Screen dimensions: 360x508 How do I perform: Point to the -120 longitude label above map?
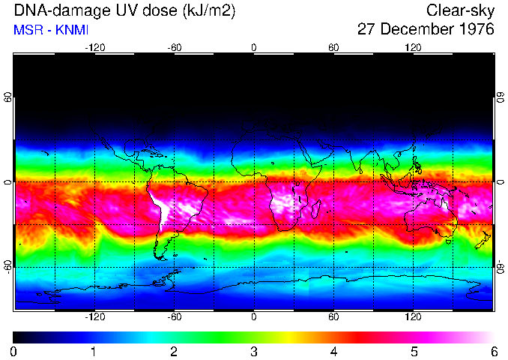coord(94,47)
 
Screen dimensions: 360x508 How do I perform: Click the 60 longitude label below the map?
coord(333,316)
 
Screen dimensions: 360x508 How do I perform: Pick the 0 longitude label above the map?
coord(254,47)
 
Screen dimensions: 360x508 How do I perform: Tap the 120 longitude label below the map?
coord(413,316)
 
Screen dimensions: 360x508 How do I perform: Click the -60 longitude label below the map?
coord(175,316)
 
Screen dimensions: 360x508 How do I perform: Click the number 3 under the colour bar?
coord(254,351)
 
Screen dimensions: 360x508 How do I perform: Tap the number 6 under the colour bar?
coord(494,351)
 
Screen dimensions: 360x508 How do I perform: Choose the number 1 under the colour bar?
coord(94,351)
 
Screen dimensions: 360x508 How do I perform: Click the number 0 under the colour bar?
coord(14,351)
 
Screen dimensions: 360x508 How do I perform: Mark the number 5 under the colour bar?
coord(414,351)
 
